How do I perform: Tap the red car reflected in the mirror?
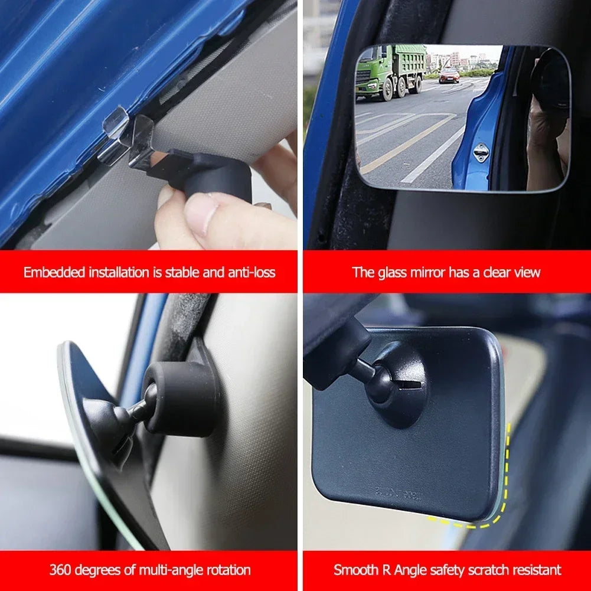coord(449,75)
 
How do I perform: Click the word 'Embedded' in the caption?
coord(54,272)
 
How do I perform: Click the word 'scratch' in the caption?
coord(480,570)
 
